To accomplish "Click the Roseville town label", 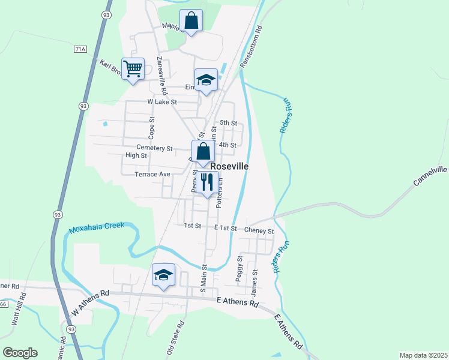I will point(229,166).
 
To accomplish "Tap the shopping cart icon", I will point(132,68).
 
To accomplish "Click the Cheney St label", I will point(259,231).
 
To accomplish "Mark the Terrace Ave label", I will point(152,174).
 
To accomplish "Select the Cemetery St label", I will point(154,148).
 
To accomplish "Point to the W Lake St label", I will point(162,102).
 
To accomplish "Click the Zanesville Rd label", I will point(160,76).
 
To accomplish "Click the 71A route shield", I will point(80,49).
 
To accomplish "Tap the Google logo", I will point(20,353).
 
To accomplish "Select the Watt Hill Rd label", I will point(18,309).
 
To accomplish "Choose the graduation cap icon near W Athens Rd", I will point(163,275).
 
